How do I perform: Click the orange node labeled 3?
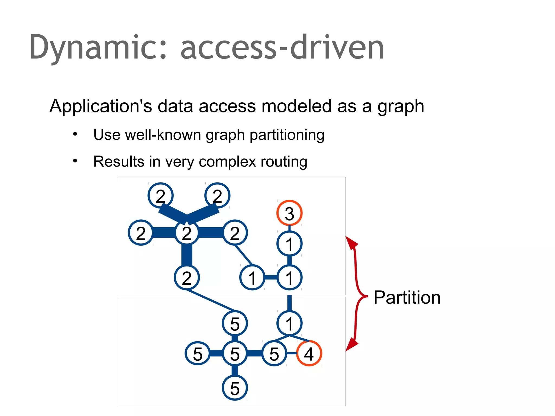tap(289, 213)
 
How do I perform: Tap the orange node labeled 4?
tap(309, 353)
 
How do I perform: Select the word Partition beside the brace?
tap(407, 297)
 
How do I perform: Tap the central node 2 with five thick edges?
tap(187, 233)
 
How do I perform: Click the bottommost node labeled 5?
tap(235, 388)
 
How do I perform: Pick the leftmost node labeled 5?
tap(198, 353)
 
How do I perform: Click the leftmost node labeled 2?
tap(141, 233)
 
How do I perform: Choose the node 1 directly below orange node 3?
tap(289, 244)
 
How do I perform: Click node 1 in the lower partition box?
tap(289, 323)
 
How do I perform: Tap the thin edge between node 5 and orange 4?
tap(292, 353)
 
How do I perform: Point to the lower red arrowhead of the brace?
tap(351, 344)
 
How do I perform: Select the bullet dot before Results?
tap(75, 161)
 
